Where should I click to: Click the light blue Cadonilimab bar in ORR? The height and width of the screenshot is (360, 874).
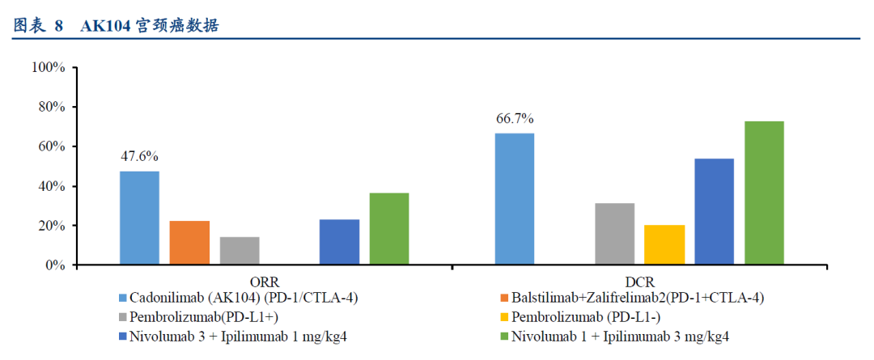[140, 218]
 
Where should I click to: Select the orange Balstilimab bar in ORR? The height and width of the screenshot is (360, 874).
[189, 243]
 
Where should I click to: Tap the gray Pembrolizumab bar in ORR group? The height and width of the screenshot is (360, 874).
[240, 251]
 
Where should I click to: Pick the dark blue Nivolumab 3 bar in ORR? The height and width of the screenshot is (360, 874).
[339, 242]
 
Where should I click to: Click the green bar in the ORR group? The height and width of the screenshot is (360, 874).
[389, 229]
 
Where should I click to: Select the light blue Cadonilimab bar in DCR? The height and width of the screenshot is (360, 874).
[515, 199]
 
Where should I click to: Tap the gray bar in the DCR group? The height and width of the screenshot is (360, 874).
[614, 234]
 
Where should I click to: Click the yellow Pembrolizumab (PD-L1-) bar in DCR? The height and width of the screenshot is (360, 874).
[664, 245]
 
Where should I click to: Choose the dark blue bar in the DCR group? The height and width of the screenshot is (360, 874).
[714, 212]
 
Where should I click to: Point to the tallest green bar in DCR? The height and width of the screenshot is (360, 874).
[764, 193]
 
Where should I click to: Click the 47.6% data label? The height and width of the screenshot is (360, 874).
[140, 156]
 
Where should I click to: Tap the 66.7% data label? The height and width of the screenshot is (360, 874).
[515, 119]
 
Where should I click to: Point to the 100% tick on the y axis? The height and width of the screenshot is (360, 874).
[48, 67]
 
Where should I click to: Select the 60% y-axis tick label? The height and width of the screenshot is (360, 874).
[50, 146]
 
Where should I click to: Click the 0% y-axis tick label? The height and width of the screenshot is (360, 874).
[53, 265]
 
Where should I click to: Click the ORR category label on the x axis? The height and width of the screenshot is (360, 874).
[264, 282]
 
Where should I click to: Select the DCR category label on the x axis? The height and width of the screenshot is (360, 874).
[639, 282]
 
